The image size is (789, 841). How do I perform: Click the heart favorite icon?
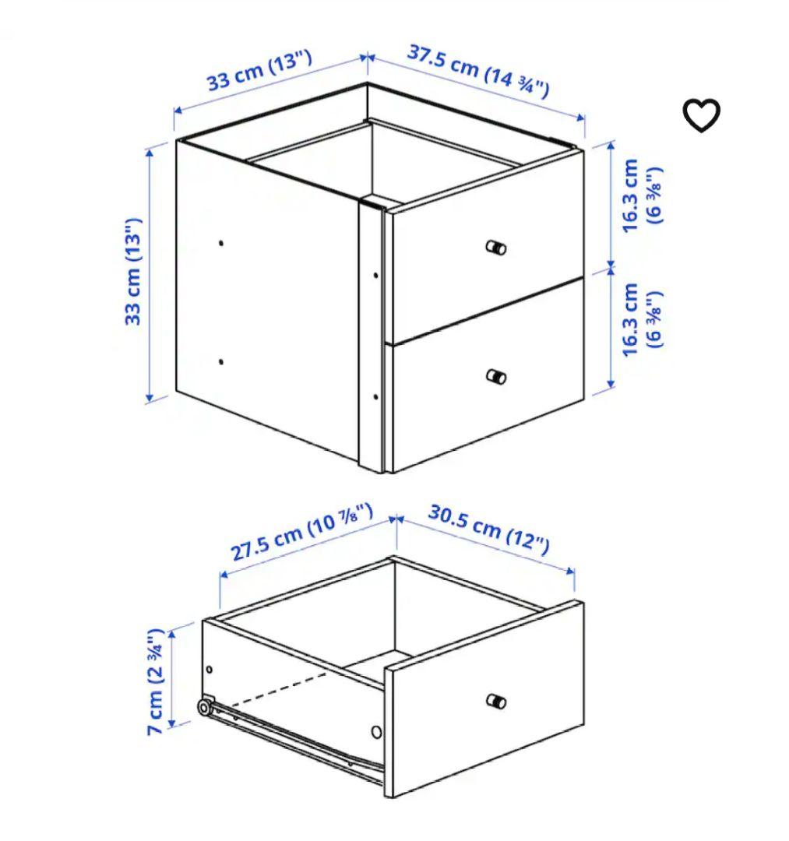701,116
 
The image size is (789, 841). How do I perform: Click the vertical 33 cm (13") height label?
134,271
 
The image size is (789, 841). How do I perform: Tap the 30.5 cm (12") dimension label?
488,530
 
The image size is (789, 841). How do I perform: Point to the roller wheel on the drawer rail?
204,708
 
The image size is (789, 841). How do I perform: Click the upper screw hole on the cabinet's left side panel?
221,243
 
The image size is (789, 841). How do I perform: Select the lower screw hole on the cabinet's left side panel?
221,362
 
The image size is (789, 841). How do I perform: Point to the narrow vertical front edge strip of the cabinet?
372,335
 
